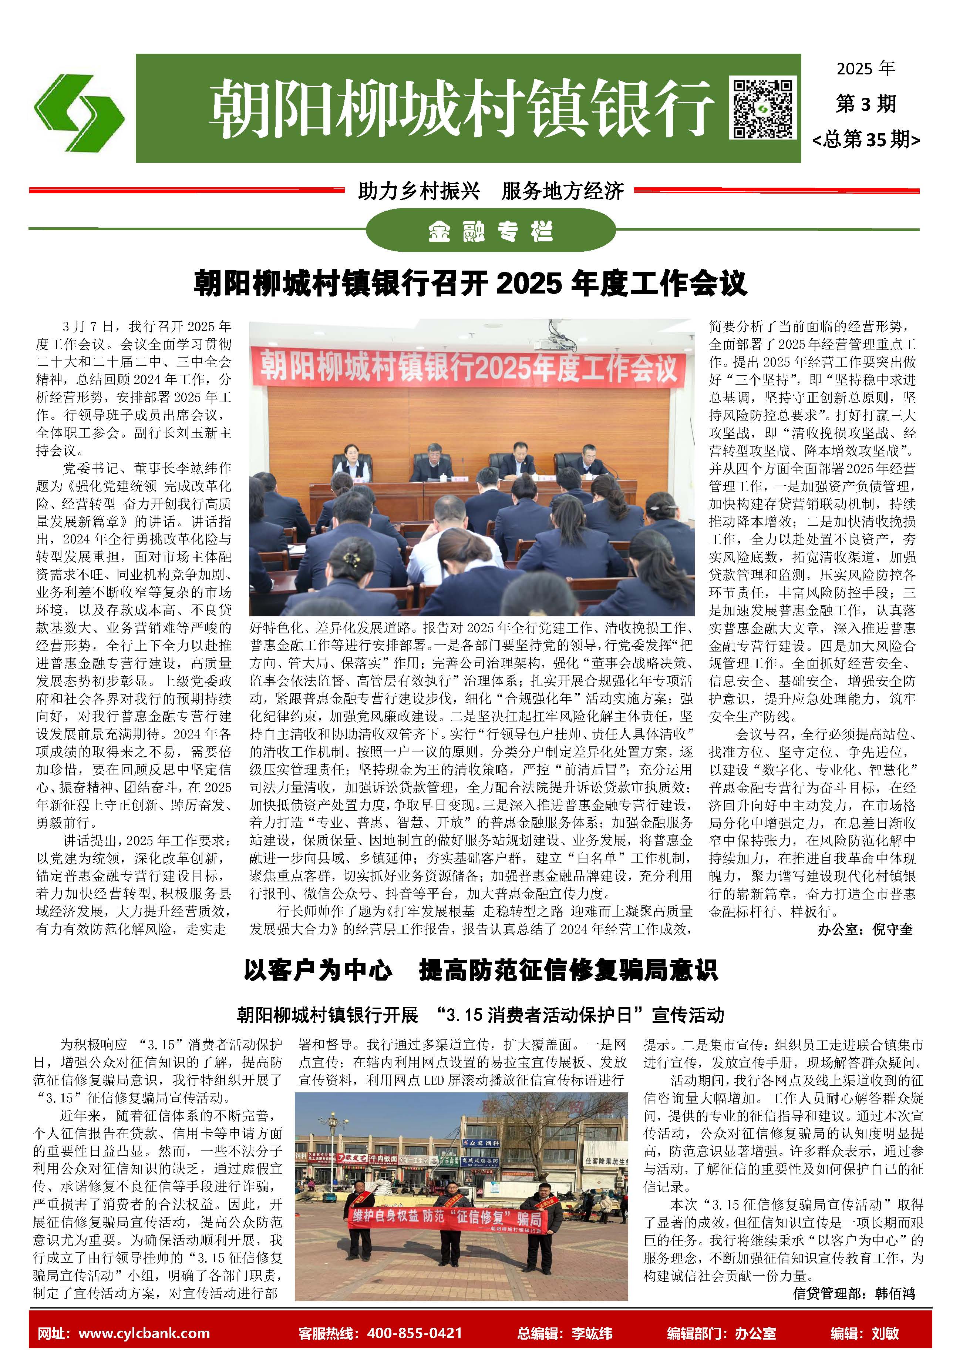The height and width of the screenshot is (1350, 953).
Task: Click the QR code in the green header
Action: [762, 108]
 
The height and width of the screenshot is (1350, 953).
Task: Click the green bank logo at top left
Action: [78, 112]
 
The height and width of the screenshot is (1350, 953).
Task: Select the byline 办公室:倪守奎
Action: [865, 929]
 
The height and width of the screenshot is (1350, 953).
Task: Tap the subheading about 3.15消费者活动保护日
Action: [480, 1015]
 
